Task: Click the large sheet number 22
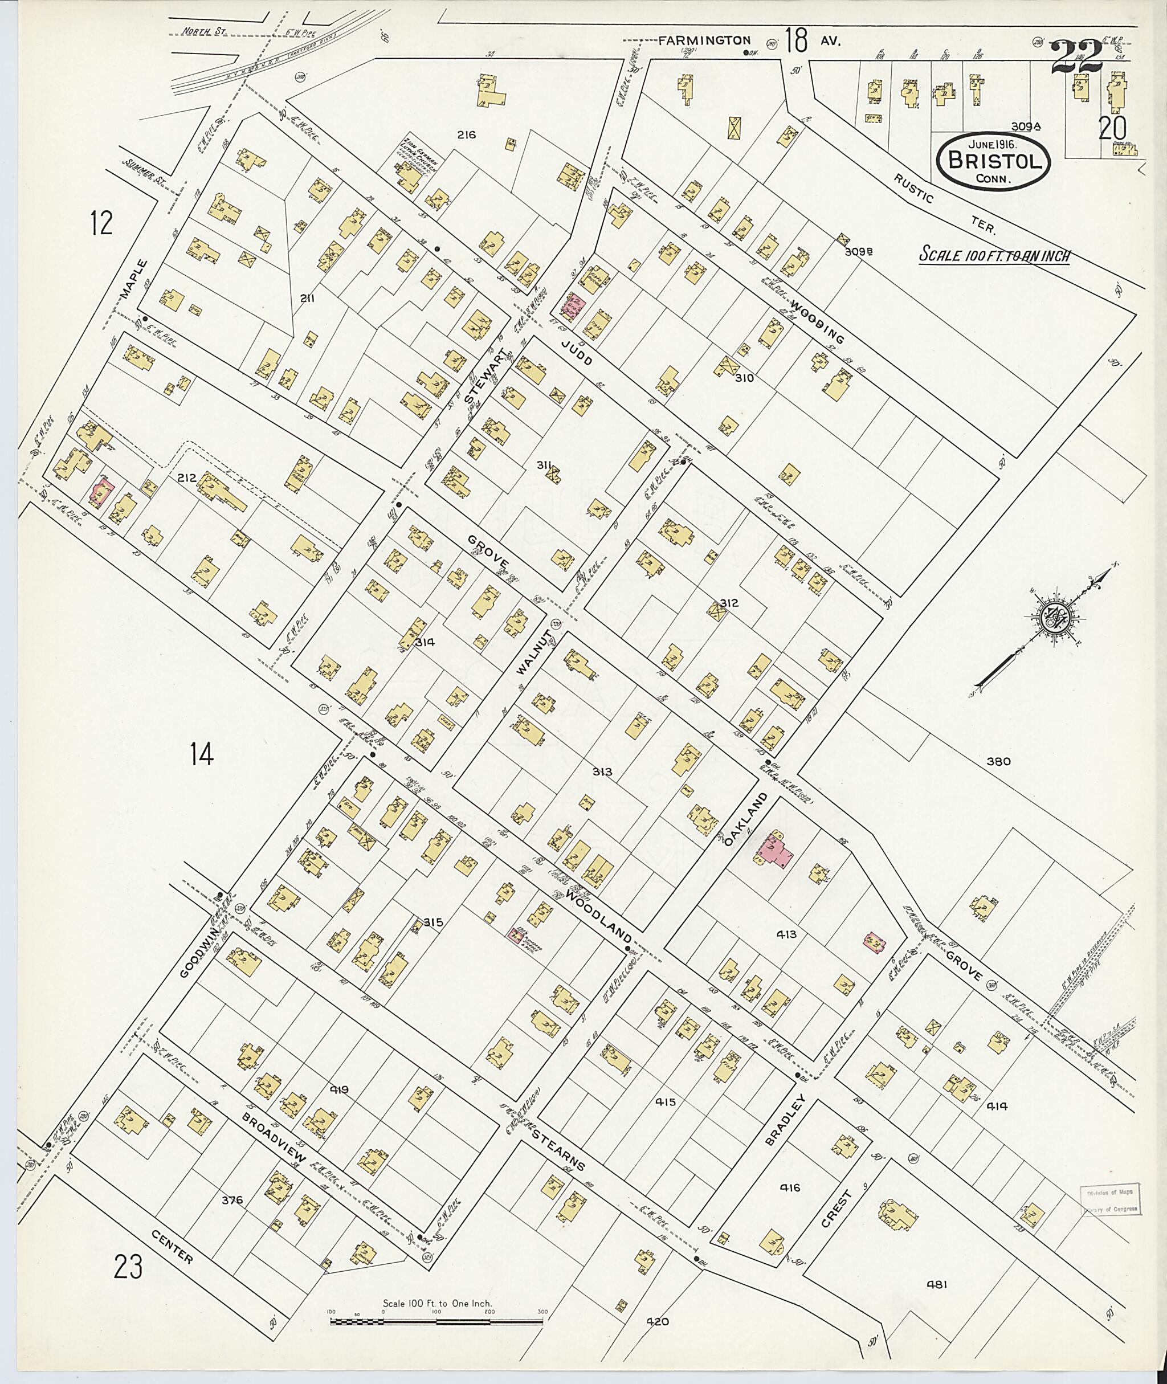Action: coord(1076,57)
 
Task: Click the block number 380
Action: coord(998,761)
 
